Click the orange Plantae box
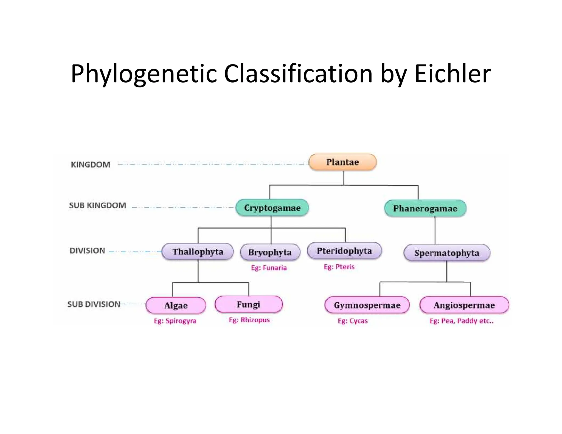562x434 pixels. click(x=342, y=162)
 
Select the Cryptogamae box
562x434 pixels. click(x=272, y=208)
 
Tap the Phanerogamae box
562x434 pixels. click(x=425, y=208)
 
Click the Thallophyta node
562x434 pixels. click(x=198, y=252)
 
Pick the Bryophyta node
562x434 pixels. click(x=270, y=252)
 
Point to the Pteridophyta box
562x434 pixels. click(x=344, y=251)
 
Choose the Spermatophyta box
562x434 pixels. click(x=447, y=253)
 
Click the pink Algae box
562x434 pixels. click(x=176, y=305)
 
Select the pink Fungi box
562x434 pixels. click(x=249, y=304)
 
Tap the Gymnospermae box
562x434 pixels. click(x=367, y=305)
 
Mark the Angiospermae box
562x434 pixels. click(x=464, y=305)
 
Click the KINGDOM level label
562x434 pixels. click(x=91, y=165)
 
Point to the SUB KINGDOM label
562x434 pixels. click(x=97, y=205)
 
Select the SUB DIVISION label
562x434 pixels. click(x=94, y=304)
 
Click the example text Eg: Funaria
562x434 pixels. click(x=269, y=268)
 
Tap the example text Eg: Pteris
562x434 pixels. click(x=339, y=267)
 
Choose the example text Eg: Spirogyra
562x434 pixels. click(x=175, y=321)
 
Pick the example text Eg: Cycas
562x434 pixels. click(x=353, y=321)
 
